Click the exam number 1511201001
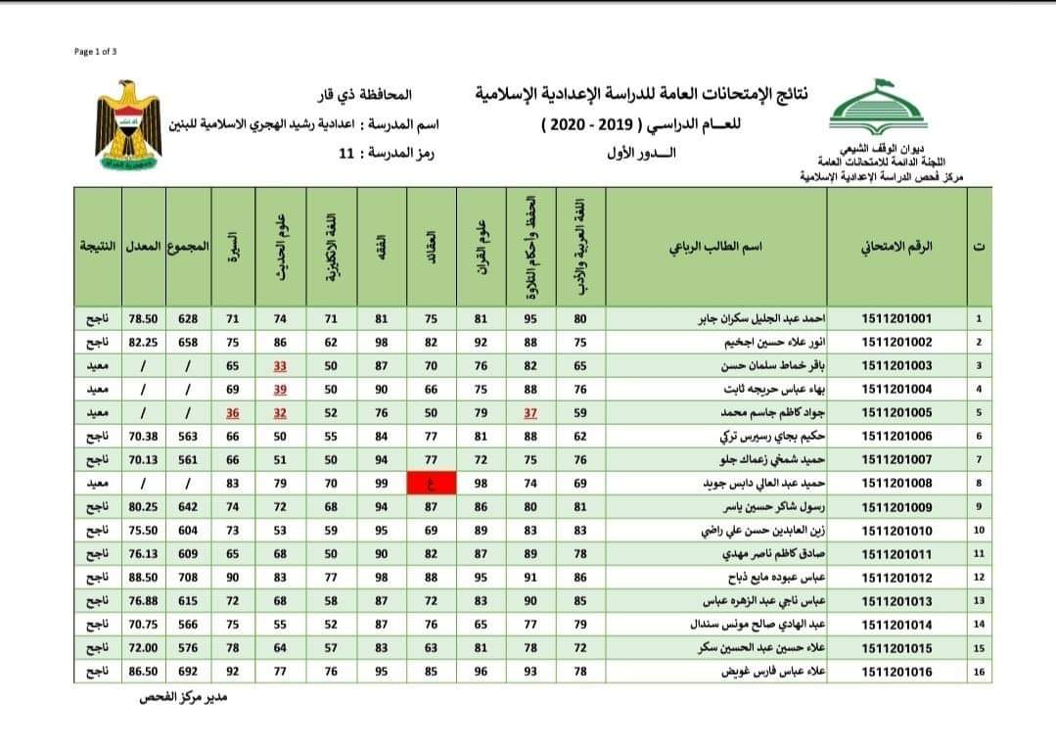tap(896, 318)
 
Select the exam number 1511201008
tap(896, 483)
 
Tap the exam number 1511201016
tap(896, 672)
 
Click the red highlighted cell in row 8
tap(432, 483)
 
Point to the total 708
tap(187, 578)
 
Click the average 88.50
tap(144, 578)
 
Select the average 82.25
tap(144, 342)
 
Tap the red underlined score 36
tap(232, 412)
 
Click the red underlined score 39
tap(281, 389)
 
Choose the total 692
tap(187, 672)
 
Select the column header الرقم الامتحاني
tap(896, 247)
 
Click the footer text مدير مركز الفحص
tap(182, 699)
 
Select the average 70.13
tap(144, 459)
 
